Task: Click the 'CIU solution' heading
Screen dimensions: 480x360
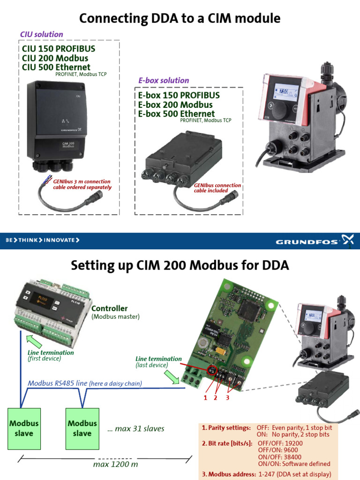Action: [x=41, y=34]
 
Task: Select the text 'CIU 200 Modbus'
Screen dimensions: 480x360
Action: [x=55, y=58]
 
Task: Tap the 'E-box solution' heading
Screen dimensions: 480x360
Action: [x=164, y=80]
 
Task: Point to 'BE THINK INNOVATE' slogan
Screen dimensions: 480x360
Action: [x=42, y=240]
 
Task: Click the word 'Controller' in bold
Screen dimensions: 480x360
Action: [x=109, y=308]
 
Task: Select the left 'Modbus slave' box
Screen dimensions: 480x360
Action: [x=24, y=428]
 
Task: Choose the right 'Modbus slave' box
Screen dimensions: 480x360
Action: [x=82, y=428]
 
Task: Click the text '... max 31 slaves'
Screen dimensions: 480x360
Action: [x=136, y=428]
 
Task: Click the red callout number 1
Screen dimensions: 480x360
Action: [x=205, y=398]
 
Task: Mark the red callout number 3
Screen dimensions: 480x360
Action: [x=227, y=398]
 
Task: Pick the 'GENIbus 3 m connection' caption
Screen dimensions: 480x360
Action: [x=82, y=181]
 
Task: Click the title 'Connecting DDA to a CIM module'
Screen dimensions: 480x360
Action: [x=180, y=18]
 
